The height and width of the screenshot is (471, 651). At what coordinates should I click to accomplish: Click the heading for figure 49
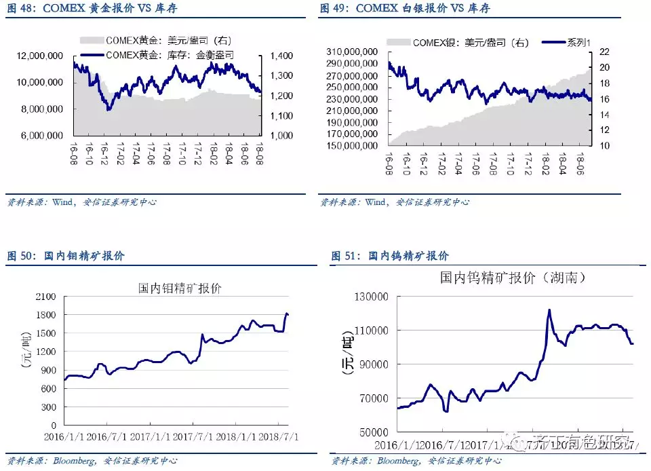pos(404,9)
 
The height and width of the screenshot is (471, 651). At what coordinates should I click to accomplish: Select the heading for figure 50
pos(66,256)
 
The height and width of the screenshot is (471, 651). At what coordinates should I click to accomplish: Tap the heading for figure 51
pos(390,256)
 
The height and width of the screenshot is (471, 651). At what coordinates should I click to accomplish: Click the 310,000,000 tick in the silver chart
pos(352,52)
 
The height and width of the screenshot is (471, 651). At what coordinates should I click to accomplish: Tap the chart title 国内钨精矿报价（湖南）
pos(513,278)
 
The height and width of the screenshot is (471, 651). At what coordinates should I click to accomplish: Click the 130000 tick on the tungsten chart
pos(372,297)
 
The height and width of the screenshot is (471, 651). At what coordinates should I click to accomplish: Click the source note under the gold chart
pos(80,202)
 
